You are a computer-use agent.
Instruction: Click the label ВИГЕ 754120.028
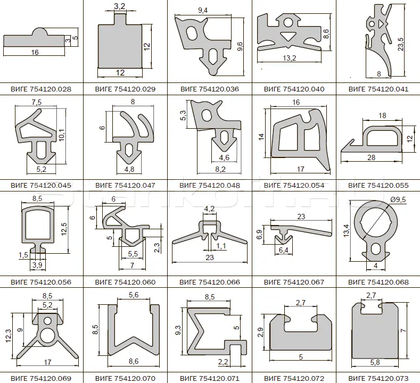tap(41, 89)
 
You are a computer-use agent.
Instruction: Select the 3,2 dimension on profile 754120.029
tap(119, 6)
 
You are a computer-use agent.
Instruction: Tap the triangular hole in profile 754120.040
tap(288, 36)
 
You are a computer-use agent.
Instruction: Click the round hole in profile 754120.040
tap(289, 22)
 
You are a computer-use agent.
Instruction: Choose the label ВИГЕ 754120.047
tap(125, 185)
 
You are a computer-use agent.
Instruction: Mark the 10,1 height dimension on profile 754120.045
tap(62, 135)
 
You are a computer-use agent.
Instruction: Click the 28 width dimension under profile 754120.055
tap(371, 157)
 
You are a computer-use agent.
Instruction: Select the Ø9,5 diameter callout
tap(398, 199)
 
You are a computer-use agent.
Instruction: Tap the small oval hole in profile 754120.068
tap(375, 248)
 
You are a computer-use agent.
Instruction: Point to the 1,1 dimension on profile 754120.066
tap(221, 246)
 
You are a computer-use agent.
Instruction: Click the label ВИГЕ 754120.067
tap(294, 282)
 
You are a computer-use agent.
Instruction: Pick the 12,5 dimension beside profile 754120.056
tap(64, 229)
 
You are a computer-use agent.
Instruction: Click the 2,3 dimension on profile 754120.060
tap(157, 247)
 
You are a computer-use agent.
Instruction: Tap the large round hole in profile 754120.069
tap(47, 336)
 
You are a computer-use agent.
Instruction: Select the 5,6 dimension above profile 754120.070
tap(134, 295)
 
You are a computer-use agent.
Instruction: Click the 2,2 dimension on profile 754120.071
tap(223, 362)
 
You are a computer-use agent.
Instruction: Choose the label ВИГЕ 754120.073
tap(378, 378)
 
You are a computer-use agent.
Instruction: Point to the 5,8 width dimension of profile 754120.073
tap(375, 362)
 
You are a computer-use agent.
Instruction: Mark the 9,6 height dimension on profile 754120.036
tap(240, 47)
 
